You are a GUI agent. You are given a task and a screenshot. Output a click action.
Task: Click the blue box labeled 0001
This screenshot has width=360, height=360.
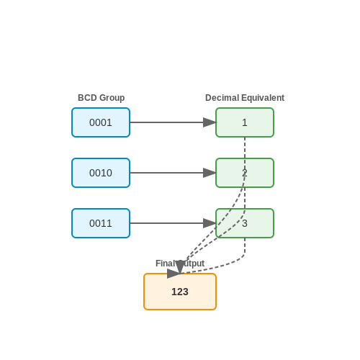101,122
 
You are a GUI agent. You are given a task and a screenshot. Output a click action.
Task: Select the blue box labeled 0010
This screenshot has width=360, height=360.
101,173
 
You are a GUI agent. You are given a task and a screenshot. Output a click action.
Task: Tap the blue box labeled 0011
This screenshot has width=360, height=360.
101,223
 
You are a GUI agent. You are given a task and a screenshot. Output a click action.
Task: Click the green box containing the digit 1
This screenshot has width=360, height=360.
245,122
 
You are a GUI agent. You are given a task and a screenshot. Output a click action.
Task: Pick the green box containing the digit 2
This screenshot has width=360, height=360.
245,173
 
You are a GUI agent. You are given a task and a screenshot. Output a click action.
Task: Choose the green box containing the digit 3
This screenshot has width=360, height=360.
245,223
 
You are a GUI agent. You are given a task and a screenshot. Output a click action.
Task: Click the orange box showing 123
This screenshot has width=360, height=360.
180,292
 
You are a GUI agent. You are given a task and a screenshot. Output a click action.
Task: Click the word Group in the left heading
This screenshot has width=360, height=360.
112,98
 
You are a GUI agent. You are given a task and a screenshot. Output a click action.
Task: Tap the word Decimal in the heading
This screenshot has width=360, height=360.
222,98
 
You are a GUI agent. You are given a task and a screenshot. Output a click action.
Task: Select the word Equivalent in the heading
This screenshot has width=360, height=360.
263,98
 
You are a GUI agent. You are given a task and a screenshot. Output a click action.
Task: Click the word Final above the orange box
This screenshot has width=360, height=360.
166,264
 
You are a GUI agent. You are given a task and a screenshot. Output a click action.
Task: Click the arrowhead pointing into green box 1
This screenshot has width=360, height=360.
210,122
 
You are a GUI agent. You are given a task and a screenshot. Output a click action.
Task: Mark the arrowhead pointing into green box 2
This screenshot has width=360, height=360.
210,173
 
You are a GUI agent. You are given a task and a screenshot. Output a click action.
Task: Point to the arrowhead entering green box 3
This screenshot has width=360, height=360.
210,223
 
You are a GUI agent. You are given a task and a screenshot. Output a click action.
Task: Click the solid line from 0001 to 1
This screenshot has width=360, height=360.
166,122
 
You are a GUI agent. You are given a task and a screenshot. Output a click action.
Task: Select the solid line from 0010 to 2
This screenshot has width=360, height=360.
166,173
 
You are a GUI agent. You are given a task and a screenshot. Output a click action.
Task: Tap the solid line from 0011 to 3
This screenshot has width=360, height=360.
166,223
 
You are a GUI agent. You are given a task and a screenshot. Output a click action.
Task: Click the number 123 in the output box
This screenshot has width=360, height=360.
180,292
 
